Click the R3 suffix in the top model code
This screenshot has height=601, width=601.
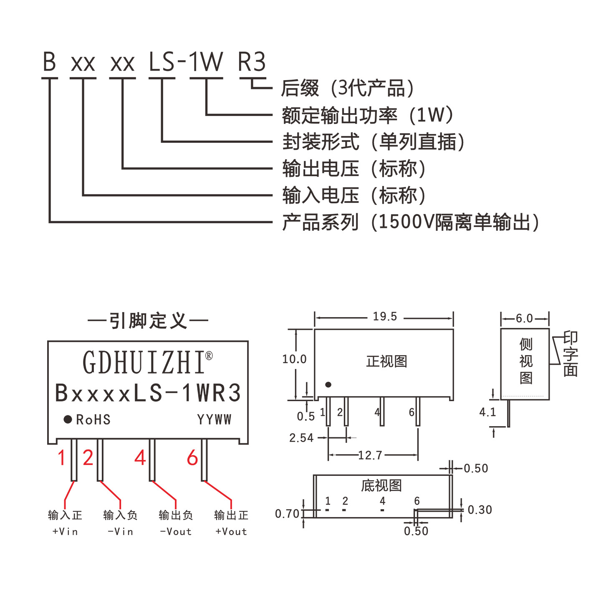pyautogui.click(x=251, y=61)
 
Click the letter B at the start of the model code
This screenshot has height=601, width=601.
pyautogui.click(x=49, y=61)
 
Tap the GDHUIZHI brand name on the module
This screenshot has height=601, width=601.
pyautogui.click(x=147, y=362)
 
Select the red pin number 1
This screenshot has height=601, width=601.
pyautogui.click(x=61, y=457)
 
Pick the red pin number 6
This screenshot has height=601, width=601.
pyautogui.click(x=192, y=457)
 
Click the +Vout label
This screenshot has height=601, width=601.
pyautogui.click(x=231, y=531)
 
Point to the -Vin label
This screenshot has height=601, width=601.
pyautogui.click(x=120, y=531)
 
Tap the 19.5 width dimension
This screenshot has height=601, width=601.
pyautogui.click(x=385, y=316)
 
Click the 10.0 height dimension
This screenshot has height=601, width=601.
pyautogui.click(x=294, y=359)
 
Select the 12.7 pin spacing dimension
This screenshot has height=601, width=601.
pyautogui.click(x=370, y=455)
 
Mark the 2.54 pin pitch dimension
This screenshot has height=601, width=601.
pyautogui.click(x=301, y=437)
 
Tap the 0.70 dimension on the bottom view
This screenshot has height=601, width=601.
pyautogui.click(x=287, y=513)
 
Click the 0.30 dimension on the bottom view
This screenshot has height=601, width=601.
pyautogui.click(x=480, y=510)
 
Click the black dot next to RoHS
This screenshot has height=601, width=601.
pyautogui.click(x=68, y=419)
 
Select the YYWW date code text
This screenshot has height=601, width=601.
pyautogui.click(x=214, y=419)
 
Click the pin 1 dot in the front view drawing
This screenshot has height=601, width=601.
pyautogui.click(x=328, y=384)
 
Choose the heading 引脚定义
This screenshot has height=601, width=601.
pyautogui.click(x=148, y=320)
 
